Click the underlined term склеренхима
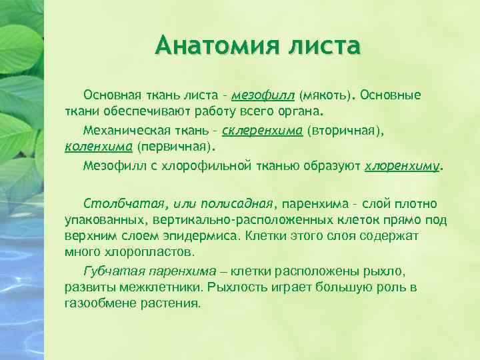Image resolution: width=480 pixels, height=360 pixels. [x=265, y=130]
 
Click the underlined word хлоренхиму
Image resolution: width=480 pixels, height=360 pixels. [x=403, y=165]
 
